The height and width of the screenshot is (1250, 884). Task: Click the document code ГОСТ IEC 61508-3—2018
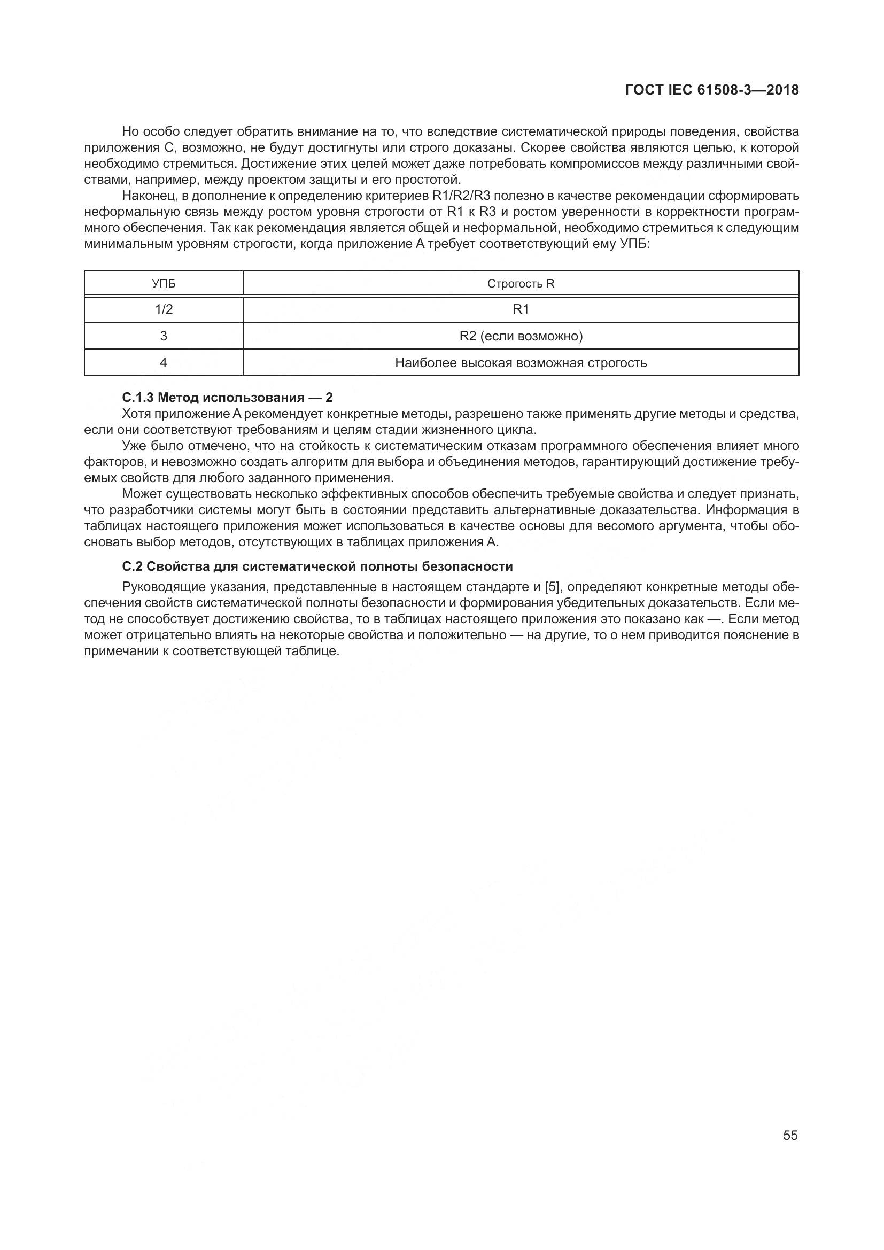coord(712,90)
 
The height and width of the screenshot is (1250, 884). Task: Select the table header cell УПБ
coord(164,284)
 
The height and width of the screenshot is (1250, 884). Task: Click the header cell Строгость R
coord(521,284)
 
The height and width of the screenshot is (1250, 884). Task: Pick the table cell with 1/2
coord(164,309)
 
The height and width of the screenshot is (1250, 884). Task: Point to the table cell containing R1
coord(521,309)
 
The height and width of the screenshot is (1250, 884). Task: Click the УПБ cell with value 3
coord(164,336)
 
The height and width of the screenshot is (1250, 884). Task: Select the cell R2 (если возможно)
coord(521,336)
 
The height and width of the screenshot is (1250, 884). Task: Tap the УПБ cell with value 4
coord(164,362)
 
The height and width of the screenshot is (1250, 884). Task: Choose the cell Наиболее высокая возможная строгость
coord(521,362)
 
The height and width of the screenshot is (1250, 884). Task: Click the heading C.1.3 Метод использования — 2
coord(227,398)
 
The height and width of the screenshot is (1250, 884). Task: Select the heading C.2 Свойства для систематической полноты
coord(317,566)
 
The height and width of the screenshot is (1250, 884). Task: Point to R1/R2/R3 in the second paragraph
coord(461,196)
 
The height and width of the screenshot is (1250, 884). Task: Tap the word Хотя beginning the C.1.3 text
coord(137,414)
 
